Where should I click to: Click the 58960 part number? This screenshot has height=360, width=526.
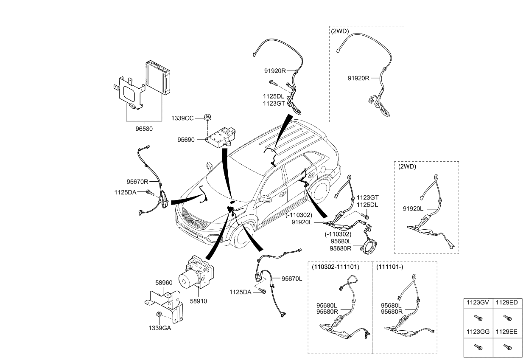click(x=164, y=282)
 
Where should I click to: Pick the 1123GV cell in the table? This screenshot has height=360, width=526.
click(x=478, y=303)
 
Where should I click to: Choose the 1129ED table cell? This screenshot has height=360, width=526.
click(x=507, y=303)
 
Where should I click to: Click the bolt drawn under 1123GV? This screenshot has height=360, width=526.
click(x=478, y=317)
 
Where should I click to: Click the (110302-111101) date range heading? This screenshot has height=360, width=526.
click(x=336, y=267)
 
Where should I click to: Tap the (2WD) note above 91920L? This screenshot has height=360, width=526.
click(x=407, y=166)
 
